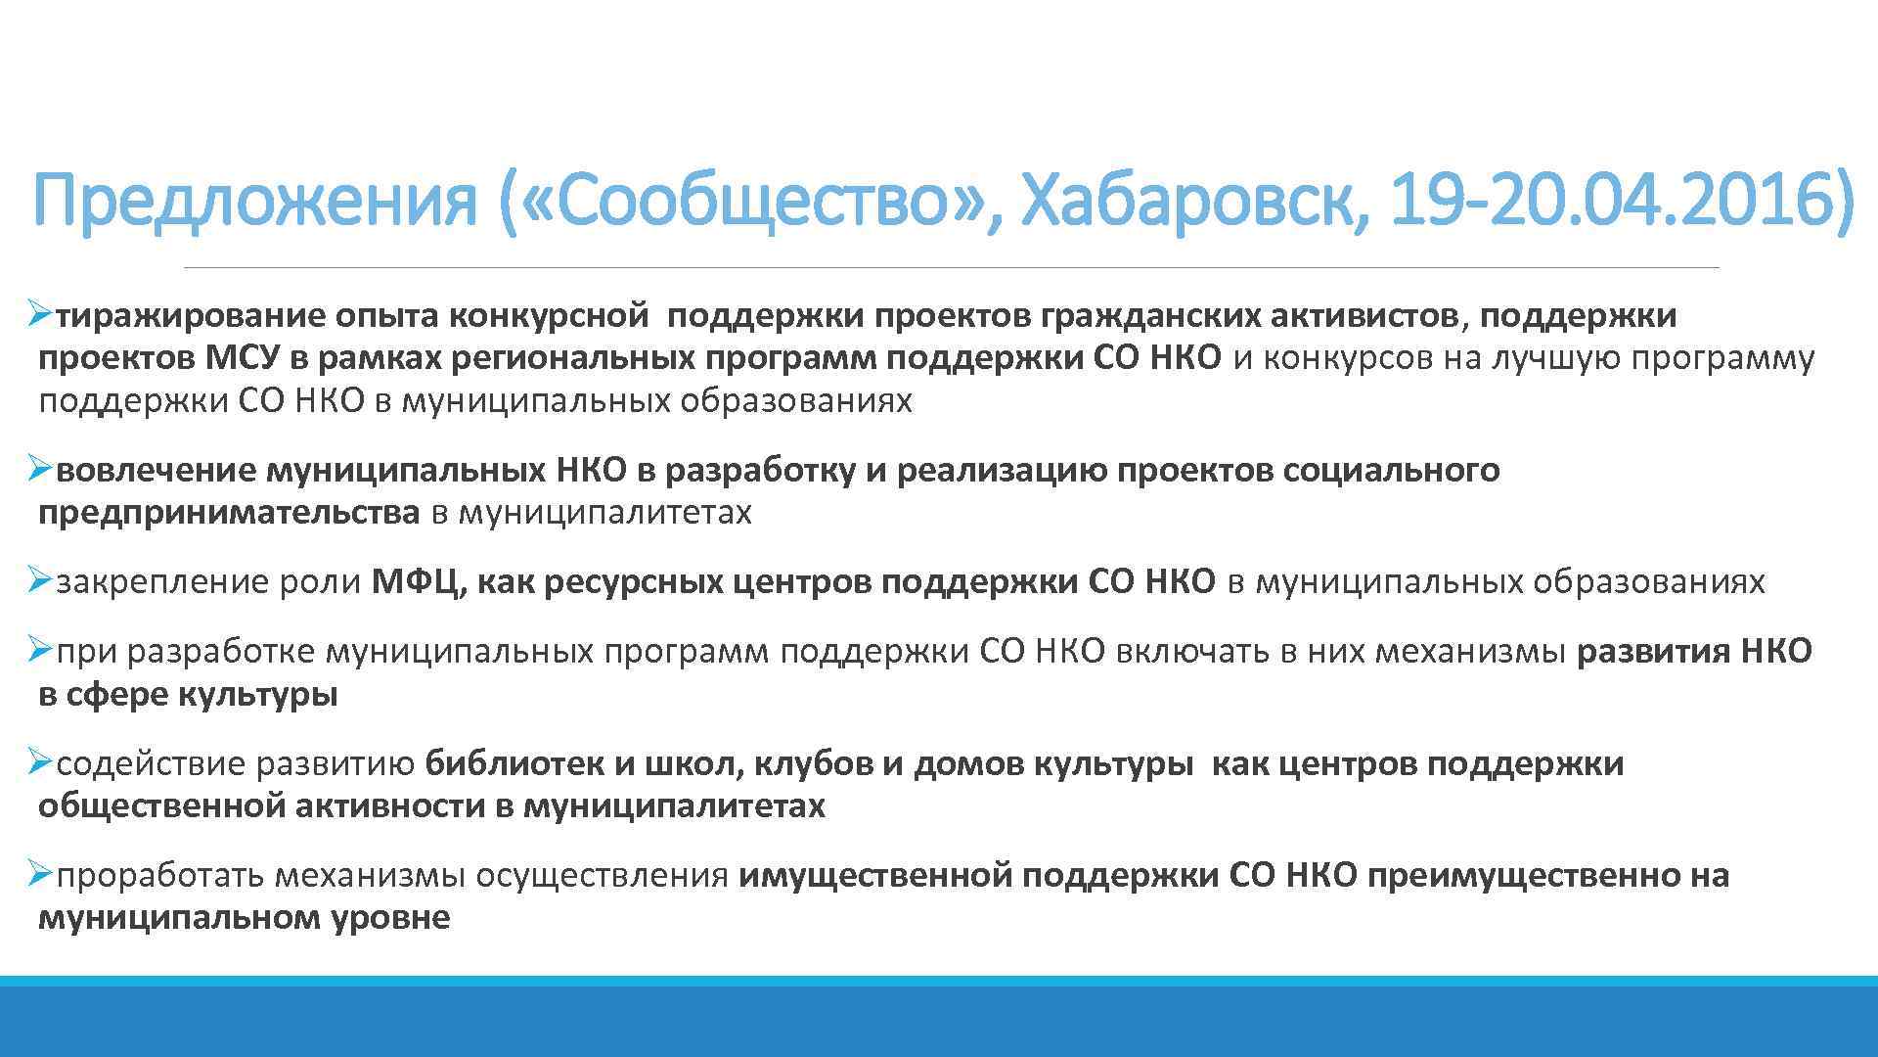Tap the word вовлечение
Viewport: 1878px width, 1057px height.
click(156, 471)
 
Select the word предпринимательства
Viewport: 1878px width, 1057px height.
click(229, 513)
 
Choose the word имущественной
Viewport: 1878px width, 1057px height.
click(875, 875)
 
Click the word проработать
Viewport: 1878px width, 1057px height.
click(159, 875)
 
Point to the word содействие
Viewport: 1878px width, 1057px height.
click(151, 763)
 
